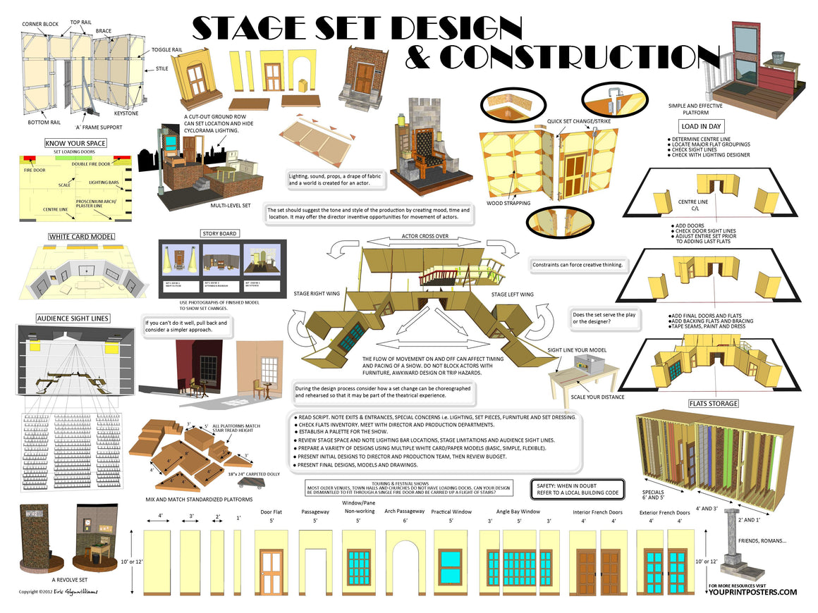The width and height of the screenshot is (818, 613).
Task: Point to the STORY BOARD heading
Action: coord(219,233)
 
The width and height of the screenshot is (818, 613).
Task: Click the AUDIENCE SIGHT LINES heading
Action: coord(73,318)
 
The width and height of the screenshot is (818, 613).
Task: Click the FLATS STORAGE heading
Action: coord(713,404)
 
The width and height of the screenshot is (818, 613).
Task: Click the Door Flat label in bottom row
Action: coord(271,512)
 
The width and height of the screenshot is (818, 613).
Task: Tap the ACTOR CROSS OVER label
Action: coord(425,237)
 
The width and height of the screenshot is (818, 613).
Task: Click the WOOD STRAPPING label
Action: coord(508,204)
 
